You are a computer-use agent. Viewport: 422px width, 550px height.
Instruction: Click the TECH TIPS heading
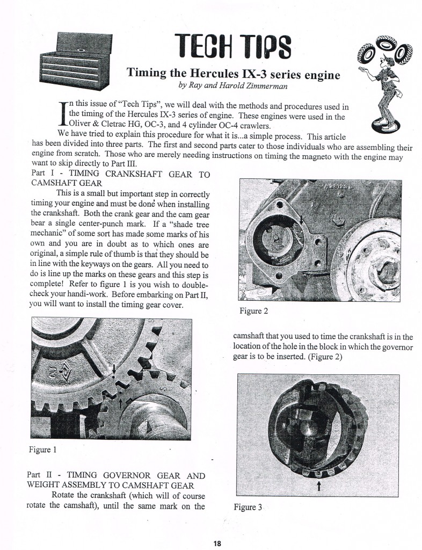click(232, 48)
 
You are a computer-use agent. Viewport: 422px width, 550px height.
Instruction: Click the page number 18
click(216, 543)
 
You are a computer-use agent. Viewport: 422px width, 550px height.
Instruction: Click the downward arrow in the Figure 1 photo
click(114, 369)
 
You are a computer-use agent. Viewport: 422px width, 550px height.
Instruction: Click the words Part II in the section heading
click(38, 475)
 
